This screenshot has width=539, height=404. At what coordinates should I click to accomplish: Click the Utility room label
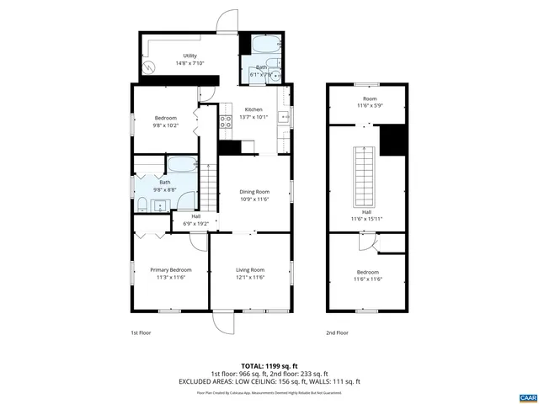[x=190, y=56]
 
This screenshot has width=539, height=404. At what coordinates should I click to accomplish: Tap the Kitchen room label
[x=253, y=109]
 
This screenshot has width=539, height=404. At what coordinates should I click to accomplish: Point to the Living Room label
[x=250, y=269]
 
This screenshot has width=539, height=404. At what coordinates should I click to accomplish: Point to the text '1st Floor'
[x=140, y=332]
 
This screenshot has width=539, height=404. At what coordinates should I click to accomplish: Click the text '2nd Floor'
[x=337, y=332]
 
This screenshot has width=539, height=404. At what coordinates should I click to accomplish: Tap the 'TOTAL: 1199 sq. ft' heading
[x=269, y=365]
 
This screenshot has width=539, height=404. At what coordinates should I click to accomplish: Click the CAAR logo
[x=527, y=396]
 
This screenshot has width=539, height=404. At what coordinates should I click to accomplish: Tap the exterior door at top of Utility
[x=226, y=22]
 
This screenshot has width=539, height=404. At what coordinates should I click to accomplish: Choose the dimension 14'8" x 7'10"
[x=190, y=63]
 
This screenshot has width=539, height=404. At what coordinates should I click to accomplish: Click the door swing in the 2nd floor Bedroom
[x=363, y=243]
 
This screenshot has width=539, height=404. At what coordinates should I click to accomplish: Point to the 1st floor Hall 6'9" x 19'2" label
[x=196, y=221]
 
